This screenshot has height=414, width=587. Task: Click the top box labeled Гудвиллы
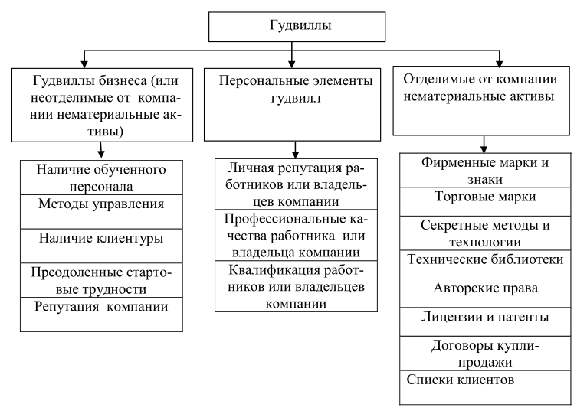(297, 27)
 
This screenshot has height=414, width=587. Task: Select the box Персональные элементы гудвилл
(293, 104)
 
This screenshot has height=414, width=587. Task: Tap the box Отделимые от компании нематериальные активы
(481, 100)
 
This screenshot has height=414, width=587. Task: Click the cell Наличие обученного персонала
(101, 178)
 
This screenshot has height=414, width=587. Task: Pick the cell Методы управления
(101, 212)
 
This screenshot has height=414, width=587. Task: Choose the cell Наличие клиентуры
(101, 246)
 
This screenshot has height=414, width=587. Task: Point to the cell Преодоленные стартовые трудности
(101, 280)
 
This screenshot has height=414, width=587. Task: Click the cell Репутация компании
(101, 315)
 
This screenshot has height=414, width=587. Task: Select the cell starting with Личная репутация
(296, 184)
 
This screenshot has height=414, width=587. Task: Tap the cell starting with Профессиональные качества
(296, 235)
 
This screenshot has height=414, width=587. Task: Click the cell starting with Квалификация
(296, 286)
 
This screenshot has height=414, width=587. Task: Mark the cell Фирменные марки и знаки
(485, 170)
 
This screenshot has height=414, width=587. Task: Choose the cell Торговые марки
(485, 201)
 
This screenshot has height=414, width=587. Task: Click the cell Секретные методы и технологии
(485, 233)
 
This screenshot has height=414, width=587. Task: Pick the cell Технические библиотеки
(485, 265)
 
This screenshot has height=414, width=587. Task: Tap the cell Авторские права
(485, 293)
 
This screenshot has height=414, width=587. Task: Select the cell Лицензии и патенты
(485, 322)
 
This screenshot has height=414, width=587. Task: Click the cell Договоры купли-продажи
(485, 354)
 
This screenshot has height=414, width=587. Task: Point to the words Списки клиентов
(460, 380)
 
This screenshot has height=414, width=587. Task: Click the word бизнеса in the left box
(123, 80)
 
